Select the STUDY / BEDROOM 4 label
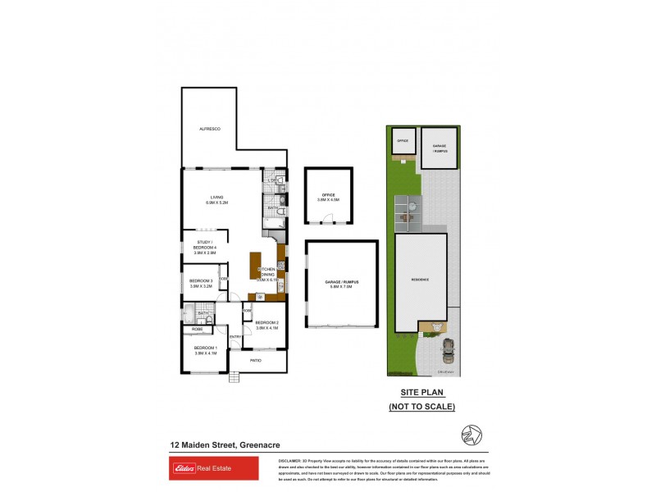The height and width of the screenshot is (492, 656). tap(204, 248)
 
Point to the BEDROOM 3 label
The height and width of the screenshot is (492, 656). tap(202, 285)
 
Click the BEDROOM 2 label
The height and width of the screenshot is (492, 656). tap(267, 325)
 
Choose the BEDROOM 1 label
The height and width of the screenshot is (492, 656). tap(205, 351)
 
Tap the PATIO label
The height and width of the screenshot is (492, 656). tap(256, 358)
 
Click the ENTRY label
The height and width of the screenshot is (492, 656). tap(235, 337)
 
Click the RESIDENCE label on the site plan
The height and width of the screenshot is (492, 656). tap(421, 280)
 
